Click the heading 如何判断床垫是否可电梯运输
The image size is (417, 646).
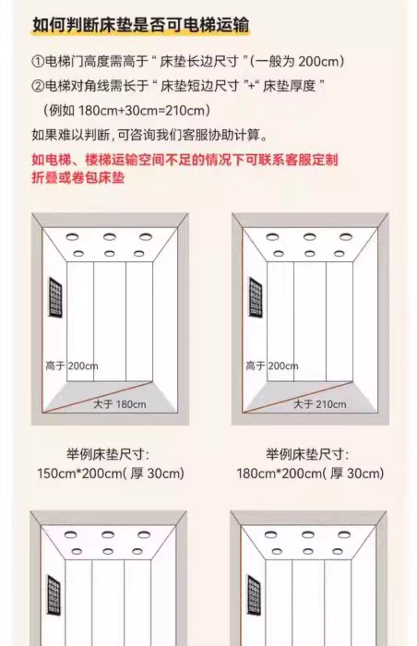coord(141,25)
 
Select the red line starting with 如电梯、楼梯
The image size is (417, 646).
coord(185,160)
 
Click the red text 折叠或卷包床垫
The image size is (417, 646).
coord(78,177)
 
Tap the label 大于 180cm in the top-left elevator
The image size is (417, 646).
coord(120,404)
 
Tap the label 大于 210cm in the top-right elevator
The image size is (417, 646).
coord(320,404)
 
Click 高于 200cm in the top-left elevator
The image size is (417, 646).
coord(71,366)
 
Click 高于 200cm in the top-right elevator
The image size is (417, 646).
coord(272,366)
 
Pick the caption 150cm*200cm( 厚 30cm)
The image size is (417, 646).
coord(111,474)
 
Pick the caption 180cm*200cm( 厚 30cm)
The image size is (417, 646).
coord(310,474)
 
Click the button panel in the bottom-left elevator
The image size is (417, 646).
coord(54,595)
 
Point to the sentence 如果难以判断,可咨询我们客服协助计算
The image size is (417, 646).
coord(149,135)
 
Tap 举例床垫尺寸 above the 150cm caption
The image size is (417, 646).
coord(108,454)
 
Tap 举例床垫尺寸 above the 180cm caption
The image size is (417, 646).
coord(307,454)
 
